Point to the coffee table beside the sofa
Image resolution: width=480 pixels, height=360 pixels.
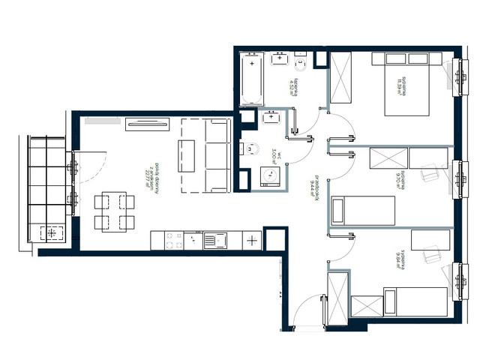(185, 155)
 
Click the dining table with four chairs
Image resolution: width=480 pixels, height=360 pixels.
(114, 212)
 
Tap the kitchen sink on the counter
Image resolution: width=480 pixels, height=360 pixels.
(219, 241)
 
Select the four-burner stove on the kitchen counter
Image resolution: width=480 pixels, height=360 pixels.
(173, 241)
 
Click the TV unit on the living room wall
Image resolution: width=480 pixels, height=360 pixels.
(147, 124)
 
